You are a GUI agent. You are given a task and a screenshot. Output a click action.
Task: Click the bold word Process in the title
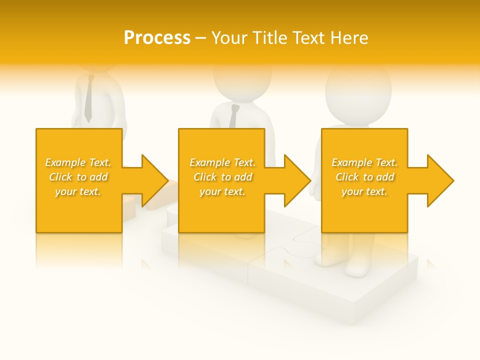[x=157, y=38]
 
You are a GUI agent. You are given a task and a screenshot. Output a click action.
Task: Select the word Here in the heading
[x=349, y=38]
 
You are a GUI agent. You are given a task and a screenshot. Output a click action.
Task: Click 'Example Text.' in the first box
[x=78, y=162]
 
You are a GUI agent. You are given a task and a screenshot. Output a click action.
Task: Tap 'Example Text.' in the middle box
[x=222, y=162]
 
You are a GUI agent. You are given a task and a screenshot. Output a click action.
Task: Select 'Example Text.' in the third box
[x=364, y=162]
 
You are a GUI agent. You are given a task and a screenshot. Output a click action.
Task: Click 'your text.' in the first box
[x=78, y=191]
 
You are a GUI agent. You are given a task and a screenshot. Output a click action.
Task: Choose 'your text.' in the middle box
[x=222, y=191]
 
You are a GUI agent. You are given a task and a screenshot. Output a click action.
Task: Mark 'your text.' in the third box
[x=364, y=191]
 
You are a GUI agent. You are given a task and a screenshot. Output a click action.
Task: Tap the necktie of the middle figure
[x=233, y=116]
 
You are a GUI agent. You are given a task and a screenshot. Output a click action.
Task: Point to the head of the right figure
[x=358, y=90]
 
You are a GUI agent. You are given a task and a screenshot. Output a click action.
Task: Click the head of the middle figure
[x=242, y=80]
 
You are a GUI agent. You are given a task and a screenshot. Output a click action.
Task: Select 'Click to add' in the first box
[x=78, y=177]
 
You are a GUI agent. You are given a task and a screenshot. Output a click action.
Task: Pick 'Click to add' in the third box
[x=364, y=177]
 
